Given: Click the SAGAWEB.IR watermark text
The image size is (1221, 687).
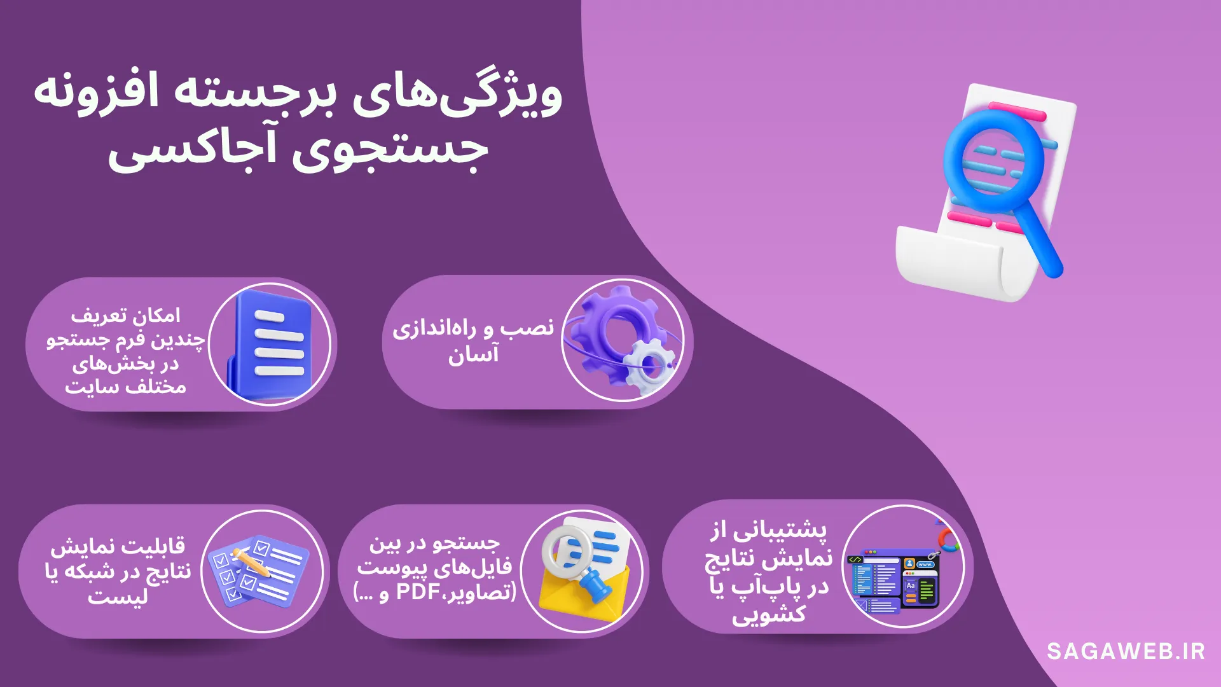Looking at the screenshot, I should tap(1126, 651).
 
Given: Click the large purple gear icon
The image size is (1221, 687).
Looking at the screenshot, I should tap(610, 331).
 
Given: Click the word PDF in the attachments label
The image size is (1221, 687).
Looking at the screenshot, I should tap(418, 592).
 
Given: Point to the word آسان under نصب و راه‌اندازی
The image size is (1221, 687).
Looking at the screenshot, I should tap(474, 355).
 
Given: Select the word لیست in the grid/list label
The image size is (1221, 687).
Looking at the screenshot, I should tap(118, 597).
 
